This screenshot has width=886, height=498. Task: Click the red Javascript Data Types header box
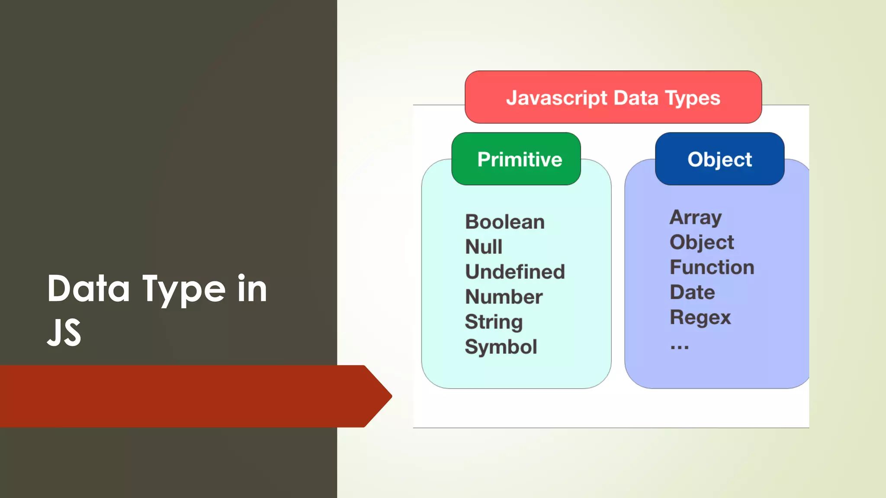tap(613, 97)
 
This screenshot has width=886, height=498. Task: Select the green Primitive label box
tap(516, 159)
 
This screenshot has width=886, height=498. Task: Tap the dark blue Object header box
tap(719, 159)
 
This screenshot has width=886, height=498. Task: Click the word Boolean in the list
tap(504, 222)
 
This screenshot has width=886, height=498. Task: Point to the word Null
tap(484, 247)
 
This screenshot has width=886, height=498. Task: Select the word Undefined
tap(515, 272)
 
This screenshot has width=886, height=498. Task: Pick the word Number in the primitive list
tap(504, 297)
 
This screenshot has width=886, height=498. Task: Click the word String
tap(494, 322)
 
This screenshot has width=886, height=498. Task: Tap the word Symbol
tap(501, 347)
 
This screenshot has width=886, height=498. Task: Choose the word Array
tap(695, 217)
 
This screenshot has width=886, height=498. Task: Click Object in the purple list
tap(702, 243)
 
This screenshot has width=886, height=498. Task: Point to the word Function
tap(712, 267)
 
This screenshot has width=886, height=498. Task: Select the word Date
tap(692, 292)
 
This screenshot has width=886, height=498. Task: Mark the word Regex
tap(700, 318)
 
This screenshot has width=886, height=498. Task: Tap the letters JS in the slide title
tap(64, 332)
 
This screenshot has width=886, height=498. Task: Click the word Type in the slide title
tap(184, 289)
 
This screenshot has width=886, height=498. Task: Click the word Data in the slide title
tap(89, 288)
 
